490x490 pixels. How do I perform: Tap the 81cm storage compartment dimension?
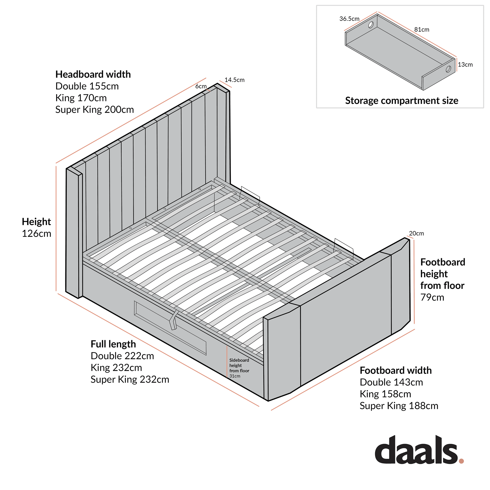tap(421, 30)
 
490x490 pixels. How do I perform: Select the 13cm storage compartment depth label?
tap(465, 65)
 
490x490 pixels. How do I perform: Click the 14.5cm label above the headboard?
tap(234, 80)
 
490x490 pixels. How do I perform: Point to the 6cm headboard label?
tap(201, 86)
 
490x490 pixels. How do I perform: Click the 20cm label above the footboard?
tap(416, 233)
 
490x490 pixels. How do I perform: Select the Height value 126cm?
tap(37, 233)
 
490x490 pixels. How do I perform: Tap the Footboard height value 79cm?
tap(432, 297)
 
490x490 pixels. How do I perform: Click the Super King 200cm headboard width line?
tap(94, 110)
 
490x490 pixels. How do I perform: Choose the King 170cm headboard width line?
tap(81, 98)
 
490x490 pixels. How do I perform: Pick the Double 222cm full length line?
tap(122, 356)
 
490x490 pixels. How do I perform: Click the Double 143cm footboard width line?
tap(391, 382)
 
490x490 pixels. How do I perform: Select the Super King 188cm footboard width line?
tap(399, 406)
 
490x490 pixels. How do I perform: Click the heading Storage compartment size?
tap(402, 101)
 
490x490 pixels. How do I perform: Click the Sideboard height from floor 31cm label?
tap(239, 368)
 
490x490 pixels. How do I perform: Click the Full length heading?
tap(113, 344)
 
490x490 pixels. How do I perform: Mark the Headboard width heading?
tap(93, 74)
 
